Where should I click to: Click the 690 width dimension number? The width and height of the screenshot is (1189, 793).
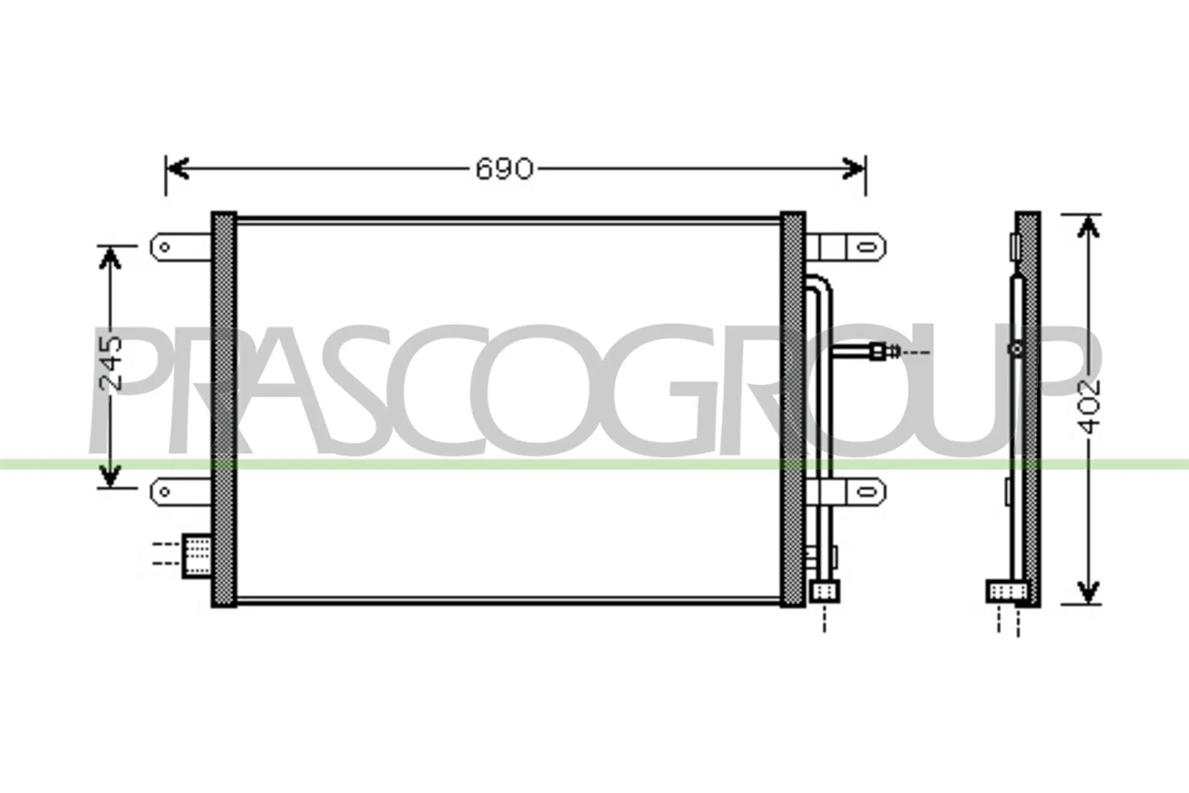(504, 169)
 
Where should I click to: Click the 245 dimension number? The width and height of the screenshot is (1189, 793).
(111, 363)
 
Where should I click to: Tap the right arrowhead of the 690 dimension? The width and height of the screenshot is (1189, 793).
(854, 169)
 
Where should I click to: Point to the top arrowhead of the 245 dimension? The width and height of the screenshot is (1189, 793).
(110, 258)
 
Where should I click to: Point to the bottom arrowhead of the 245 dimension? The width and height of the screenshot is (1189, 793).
(110, 476)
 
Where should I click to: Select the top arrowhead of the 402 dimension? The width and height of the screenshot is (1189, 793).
(1088, 227)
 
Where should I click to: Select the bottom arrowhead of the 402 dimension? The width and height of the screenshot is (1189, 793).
(1088, 592)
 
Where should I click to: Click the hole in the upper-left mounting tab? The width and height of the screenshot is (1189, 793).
(165, 247)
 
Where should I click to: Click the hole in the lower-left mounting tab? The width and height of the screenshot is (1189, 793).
(164, 491)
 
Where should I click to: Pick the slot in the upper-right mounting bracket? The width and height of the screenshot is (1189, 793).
(867, 247)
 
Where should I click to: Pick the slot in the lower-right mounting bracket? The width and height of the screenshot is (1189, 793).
(867, 492)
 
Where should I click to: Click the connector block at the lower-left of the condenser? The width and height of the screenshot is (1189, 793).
(197, 555)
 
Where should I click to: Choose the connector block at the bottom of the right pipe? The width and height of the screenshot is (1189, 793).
(824, 591)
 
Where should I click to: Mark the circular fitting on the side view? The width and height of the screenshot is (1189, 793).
(1017, 348)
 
